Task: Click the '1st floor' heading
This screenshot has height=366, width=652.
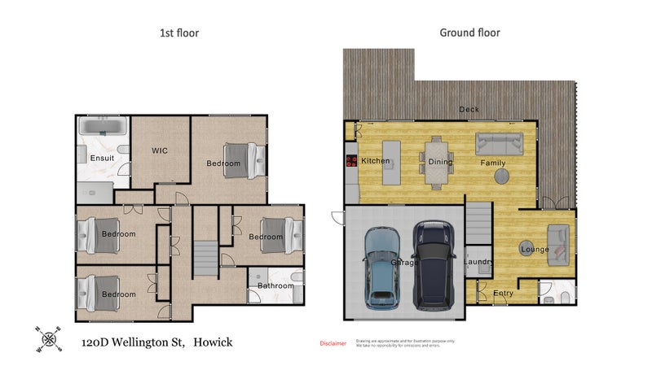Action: coord(178,33)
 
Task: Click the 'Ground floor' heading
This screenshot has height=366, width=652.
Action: coord(469,33)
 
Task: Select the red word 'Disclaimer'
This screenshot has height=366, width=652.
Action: coord(333,343)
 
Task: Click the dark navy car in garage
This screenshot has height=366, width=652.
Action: coord(434,264)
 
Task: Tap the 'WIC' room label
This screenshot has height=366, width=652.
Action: coord(160,150)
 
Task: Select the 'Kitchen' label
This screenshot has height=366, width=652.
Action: coord(375,161)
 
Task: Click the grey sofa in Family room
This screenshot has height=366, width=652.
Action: coord(500,144)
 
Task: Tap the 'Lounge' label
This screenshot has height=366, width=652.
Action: coord(534,249)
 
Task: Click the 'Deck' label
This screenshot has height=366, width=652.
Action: coord(469,109)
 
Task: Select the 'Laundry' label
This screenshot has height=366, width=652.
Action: coord(478,262)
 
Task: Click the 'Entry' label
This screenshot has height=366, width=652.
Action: coord(504,293)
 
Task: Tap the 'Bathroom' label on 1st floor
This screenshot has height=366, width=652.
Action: coord(275,285)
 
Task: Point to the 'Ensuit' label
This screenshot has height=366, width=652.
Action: coord(103,158)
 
